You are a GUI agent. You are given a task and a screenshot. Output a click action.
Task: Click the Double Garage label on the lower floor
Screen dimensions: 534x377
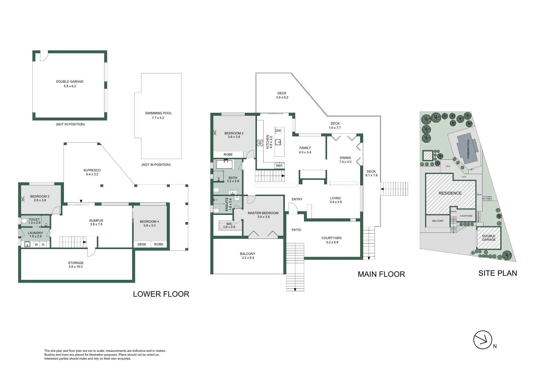click(x=70, y=84)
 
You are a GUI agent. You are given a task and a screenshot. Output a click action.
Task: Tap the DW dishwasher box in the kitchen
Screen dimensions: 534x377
click(x=278, y=131)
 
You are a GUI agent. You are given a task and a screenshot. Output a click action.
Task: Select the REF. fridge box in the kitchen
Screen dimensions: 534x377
click(x=280, y=166)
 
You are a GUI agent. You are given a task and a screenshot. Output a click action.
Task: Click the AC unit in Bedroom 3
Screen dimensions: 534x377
click(x=23, y=199)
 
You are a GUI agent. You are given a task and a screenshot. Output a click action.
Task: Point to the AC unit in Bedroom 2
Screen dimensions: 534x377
click(x=215, y=132)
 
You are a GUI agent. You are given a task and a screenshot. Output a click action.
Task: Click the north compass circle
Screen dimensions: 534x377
click(x=483, y=340)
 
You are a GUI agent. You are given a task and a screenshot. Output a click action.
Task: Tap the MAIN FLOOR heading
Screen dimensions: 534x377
click(x=381, y=274)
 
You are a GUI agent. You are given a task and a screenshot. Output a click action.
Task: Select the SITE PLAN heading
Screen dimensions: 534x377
click(x=498, y=273)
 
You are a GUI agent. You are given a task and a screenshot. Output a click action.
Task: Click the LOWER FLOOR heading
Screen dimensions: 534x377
click(x=161, y=294)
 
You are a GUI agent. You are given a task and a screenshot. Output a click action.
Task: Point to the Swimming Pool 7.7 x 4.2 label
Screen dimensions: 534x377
click(x=158, y=115)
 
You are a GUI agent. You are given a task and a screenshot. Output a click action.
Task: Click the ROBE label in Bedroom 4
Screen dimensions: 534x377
click(x=159, y=244)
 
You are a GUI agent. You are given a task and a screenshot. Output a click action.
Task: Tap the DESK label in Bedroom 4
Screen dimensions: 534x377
click(x=142, y=244)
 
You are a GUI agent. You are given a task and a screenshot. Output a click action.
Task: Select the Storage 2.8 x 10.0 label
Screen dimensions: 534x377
click(x=76, y=265)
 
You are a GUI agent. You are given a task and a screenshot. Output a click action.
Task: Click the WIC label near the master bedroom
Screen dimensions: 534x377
click(x=229, y=224)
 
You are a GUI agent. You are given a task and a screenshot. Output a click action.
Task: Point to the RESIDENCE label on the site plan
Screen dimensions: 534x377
click(x=450, y=193)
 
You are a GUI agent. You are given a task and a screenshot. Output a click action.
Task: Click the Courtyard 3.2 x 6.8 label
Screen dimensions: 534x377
click(x=332, y=240)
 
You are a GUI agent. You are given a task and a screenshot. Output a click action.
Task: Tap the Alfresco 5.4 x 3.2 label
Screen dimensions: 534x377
click(x=92, y=172)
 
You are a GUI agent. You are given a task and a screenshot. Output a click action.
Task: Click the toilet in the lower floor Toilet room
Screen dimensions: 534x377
click(x=24, y=221)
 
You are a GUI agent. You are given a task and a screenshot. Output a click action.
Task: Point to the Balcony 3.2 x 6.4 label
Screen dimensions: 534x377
click(x=248, y=256)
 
